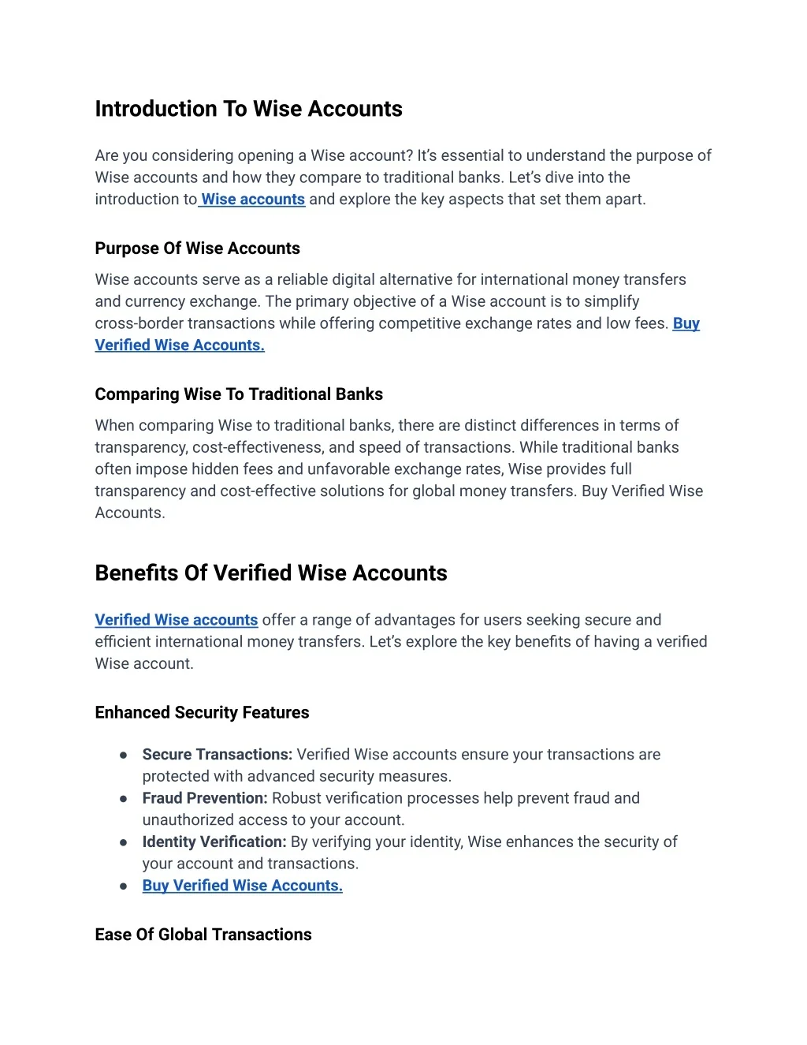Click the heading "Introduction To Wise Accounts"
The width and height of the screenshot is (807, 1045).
point(248,109)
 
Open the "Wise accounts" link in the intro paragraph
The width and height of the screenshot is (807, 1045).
point(253,200)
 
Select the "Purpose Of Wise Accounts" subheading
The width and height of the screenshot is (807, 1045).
point(197,248)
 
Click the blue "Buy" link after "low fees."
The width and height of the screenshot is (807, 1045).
point(686,323)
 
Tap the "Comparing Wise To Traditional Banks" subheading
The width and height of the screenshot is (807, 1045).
point(239,394)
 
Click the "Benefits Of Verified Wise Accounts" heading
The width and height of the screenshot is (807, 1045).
point(270,573)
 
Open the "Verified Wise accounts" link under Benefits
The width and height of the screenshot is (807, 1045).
point(177,620)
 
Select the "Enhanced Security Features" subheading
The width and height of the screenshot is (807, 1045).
point(202,713)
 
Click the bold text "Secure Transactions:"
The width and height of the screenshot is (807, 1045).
point(218,755)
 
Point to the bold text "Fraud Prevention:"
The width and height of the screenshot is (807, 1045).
point(205,798)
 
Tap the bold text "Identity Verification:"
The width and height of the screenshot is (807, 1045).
point(214,842)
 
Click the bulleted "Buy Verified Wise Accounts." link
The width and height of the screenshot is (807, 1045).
point(243,886)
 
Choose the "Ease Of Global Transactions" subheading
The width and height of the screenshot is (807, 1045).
point(203,935)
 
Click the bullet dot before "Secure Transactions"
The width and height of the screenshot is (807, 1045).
point(124,756)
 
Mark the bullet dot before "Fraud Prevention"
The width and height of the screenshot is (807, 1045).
point(124,799)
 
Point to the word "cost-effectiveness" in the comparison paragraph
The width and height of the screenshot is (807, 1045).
point(256,447)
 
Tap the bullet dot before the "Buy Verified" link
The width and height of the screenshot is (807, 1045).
point(124,886)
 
